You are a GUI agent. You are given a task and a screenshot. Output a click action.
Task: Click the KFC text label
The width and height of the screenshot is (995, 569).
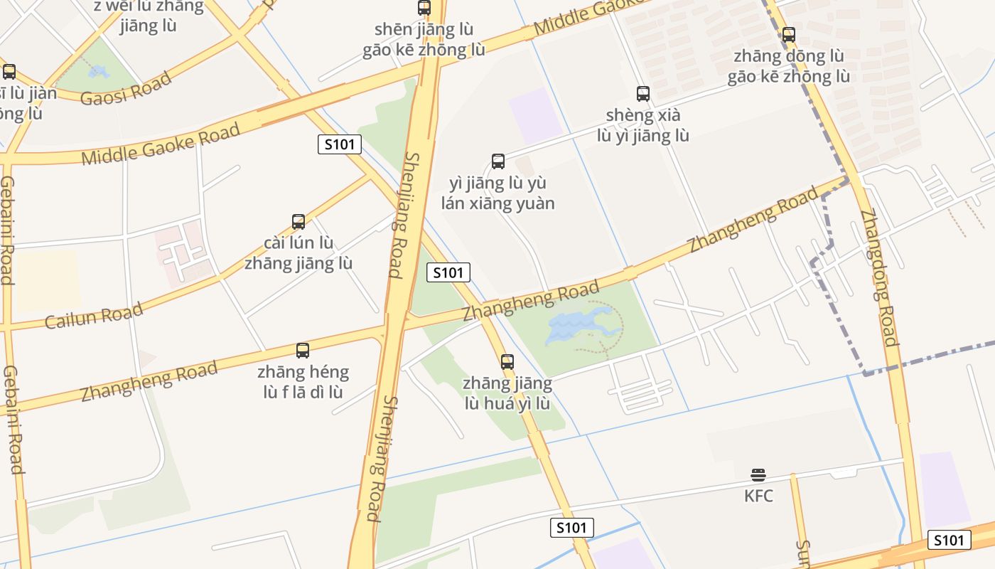pyautogui.click(x=758, y=496)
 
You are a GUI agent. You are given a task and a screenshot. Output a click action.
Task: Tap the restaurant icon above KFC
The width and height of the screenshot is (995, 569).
pyautogui.click(x=758, y=475)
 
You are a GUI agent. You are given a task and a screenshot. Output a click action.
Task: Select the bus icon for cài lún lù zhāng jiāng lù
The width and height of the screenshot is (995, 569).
pyautogui.click(x=298, y=222)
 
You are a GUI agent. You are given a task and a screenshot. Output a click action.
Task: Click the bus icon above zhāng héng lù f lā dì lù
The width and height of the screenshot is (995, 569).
pyautogui.click(x=303, y=350)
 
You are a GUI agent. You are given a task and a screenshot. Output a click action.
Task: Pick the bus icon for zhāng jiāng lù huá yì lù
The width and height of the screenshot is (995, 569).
pyautogui.click(x=507, y=362)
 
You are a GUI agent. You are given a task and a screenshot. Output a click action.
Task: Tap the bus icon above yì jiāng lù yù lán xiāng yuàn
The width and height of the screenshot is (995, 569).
pyautogui.click(x=498, y=161)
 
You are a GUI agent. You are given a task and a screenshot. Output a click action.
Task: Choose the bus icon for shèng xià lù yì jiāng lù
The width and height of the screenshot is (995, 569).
pyautogui.click(x=643, y=93)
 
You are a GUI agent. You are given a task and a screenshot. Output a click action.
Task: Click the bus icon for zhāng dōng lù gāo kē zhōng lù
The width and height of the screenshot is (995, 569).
pyautogui.click(x=788, y=34)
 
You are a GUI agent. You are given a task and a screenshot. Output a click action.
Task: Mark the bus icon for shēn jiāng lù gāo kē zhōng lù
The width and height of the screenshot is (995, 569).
pyautogui.click(x=424, y=8)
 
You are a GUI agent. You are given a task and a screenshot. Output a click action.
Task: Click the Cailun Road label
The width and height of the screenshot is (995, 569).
pyautogui.click(x=94, y=315)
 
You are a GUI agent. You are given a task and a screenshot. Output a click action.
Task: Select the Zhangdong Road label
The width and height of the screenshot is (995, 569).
pyautogui.click(x=880, y=277)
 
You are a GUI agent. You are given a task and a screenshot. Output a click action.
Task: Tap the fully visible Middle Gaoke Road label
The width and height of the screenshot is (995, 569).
pyautogui.click(x=161, y=144)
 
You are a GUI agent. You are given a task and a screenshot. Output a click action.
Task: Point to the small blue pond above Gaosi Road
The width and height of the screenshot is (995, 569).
pyautogui.click(x=98, y=72)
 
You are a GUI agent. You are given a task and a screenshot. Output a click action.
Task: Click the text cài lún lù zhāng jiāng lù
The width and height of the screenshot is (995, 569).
pyautogui.click(x=298, y=253)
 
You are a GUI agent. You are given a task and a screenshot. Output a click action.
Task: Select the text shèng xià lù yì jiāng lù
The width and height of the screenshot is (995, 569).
pyautogui.click(x=643, y=125)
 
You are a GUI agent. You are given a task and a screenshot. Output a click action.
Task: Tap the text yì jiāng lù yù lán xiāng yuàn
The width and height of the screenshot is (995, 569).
pyautogui.click(x=498, y=193)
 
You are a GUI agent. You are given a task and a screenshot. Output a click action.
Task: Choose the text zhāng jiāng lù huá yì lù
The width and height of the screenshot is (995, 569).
pyautogui.click(x=507, y=393)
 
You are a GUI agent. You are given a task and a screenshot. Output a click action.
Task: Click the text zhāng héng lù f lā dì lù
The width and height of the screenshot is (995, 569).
pyautogui.click(x=303, y=382)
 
